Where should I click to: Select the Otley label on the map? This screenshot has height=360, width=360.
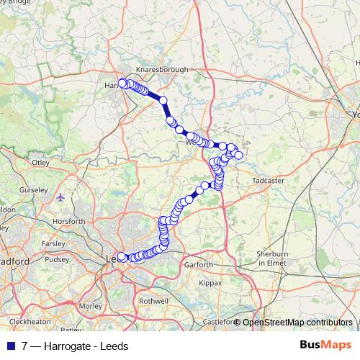tap(40, 163)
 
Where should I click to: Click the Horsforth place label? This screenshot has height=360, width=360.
tap(69, 221)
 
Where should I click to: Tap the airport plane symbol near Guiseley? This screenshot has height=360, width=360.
tap(60, 196)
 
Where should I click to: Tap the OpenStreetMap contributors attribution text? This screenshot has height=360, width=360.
tap(297, 322)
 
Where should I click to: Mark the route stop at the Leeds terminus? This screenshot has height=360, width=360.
tap(122, 257)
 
